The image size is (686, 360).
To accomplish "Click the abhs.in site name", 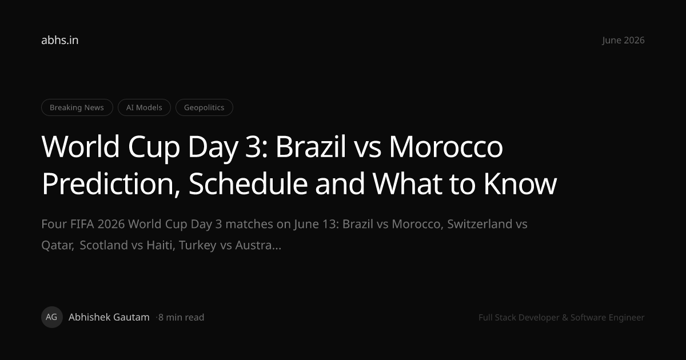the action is point(59,40).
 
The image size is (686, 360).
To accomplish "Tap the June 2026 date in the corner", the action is point(623,40).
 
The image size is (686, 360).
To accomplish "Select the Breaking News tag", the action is point(77,107).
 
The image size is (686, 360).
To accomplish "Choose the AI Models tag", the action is point(144,107).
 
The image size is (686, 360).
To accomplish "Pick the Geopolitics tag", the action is point(204,107).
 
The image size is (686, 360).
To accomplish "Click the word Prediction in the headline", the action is point(111,183).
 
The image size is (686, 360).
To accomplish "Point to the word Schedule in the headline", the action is point(248,183).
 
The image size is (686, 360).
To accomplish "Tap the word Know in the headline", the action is point(520,183).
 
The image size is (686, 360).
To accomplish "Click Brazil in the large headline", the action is point(311,146).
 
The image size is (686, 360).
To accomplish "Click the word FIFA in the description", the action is point(82,224).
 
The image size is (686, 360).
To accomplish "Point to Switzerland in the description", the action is point(480,224).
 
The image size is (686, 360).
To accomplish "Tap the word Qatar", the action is point(58,246).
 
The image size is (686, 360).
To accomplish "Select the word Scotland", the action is point(104,245).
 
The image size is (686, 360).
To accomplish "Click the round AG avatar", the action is point(52,317).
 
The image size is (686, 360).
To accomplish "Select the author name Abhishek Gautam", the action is point(109,317).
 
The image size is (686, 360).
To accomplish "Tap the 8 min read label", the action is point(181,318).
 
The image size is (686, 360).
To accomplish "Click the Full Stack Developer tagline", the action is point(561,318).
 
